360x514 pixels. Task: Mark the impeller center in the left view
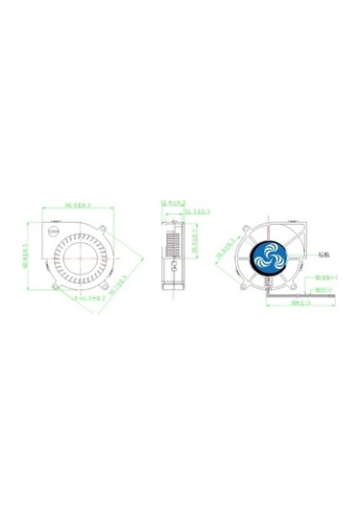click(x=84, y=255)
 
